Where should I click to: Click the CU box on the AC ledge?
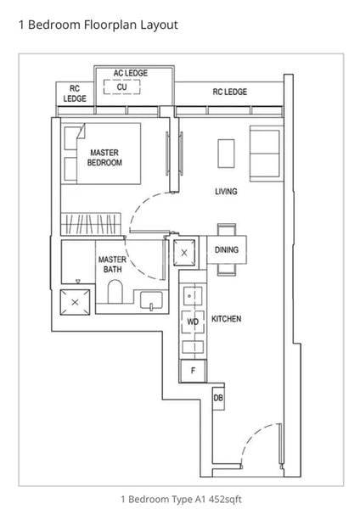click(122, 87)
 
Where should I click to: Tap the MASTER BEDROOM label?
click(104, 158)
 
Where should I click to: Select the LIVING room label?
click(226, 192)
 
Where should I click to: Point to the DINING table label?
click(227, 249)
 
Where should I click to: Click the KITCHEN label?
click(227, 319)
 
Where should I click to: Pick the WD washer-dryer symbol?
click(193, 322)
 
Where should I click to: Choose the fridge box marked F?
click(194, 371)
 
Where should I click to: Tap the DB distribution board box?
click(218, 397)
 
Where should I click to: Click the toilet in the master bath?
click(115, 292)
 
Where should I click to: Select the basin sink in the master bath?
click(151, 300)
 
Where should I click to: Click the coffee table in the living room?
click(226, 154)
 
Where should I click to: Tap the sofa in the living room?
click(265, 154)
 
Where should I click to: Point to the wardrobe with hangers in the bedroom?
click(91, 224)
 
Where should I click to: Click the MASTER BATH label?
click(112, 264)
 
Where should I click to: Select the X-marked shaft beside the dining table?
click(184, 253)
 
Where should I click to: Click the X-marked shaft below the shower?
click(75, 302)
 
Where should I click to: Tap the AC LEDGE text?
click(131, 73)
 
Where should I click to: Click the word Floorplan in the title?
click(110, 25)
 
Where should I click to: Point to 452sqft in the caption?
click(225, 499)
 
